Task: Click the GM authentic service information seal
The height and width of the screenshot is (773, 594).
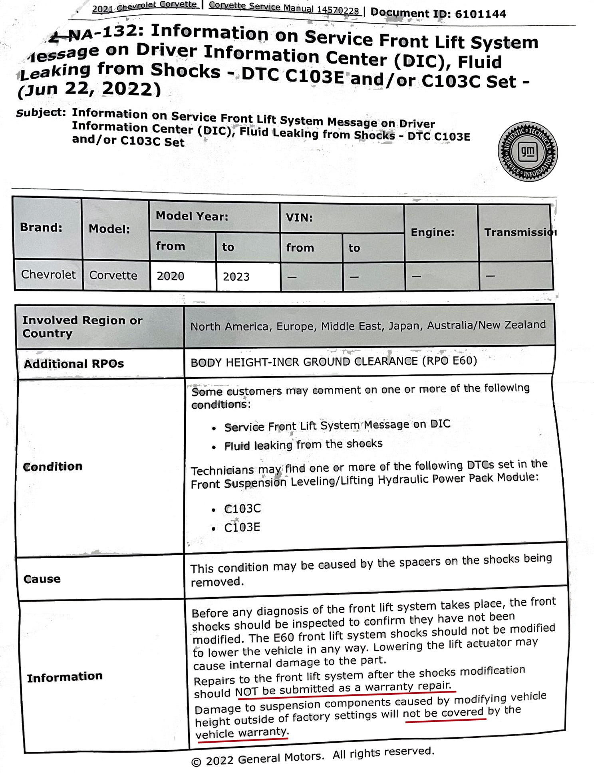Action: tap(527, 152)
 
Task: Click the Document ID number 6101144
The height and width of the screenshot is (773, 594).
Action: tap(480, 14)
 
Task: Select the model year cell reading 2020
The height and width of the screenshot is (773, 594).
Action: tap(171, 276)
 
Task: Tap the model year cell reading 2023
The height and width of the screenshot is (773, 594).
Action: tap(236, 276)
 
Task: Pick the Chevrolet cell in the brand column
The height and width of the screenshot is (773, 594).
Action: tap(48, 274)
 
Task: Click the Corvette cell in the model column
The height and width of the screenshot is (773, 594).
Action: tap(113, 275)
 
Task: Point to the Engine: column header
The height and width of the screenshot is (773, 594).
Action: tap(432, 232)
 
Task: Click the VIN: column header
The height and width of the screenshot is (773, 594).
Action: tap(299, 218)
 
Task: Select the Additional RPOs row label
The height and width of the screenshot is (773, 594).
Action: tap(74, 364)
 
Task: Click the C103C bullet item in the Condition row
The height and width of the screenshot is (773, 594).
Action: tap(242, 509)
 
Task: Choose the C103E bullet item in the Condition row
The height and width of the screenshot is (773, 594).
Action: tap(242, 527)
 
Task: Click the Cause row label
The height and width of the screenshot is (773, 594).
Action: tap(42, 579)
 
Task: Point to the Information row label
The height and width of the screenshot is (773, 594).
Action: tap(65, 676)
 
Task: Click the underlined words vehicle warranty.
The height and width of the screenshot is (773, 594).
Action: tap(241, 733)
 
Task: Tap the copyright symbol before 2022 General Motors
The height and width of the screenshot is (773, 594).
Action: tap(196, 762)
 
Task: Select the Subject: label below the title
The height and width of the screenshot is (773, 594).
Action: tap(41, 113)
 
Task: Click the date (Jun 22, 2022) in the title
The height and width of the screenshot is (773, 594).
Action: tap(89, 89)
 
